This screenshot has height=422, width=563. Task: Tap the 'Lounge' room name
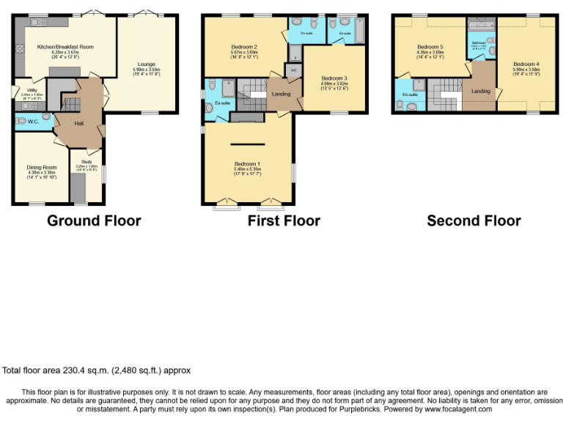(x=147, y=64)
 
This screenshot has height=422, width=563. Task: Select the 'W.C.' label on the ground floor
(x=33, y=121)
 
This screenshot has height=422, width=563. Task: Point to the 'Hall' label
(x=78, y=123)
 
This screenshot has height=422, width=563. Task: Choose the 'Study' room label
(x=86, y=161)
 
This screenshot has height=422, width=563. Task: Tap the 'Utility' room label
(x=22, y=90)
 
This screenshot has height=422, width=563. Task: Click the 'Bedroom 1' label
(x=247, y=163)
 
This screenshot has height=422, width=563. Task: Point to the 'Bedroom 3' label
(x=334, y=78)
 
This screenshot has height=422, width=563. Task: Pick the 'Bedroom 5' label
(x=430, y=46)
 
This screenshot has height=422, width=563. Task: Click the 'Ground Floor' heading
(x=94, y=221)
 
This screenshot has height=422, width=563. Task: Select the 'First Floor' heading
(x=283, y=221)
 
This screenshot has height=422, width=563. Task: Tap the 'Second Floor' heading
(x=474, y=221)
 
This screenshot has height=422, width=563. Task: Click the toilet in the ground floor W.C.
(x=47, y=116)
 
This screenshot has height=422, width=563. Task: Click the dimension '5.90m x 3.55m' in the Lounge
(x=147, y=70)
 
